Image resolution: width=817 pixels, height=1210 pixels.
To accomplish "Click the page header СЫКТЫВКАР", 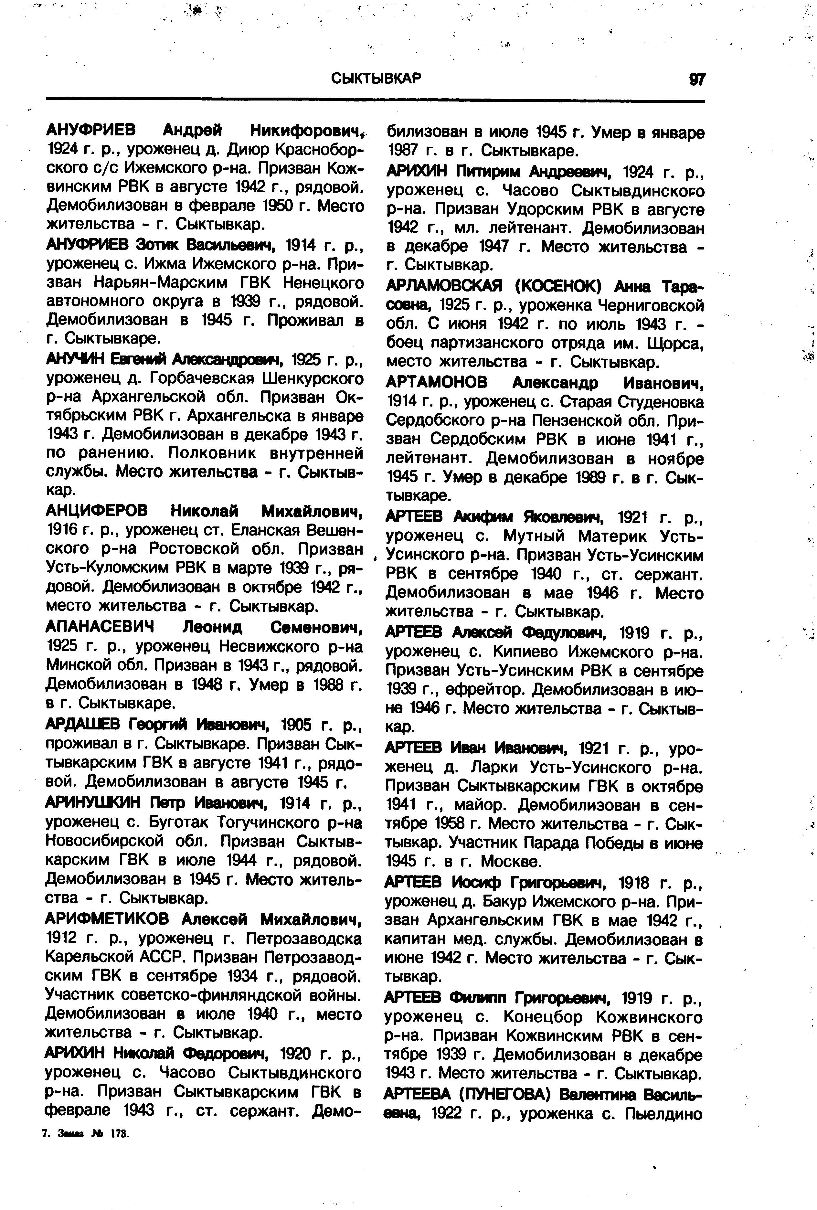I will (377, 79).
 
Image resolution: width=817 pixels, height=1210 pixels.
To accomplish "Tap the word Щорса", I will (675, 344).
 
